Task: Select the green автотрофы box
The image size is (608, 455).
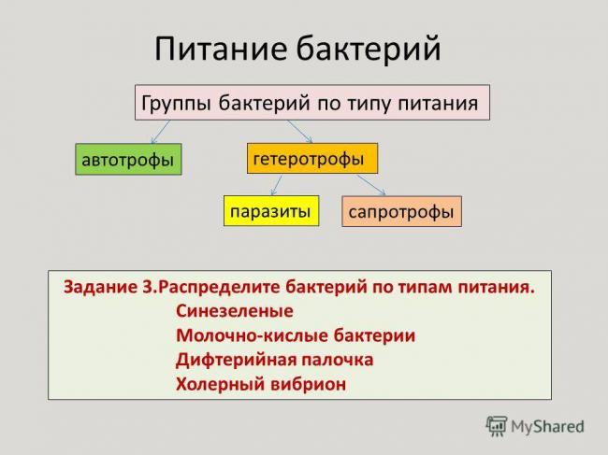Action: [x=128, y=160]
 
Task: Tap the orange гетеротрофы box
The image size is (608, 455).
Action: [x=311, y=158]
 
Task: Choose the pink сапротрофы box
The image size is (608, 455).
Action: [x=400, y=212]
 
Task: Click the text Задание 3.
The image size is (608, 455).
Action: [x=109, y=287]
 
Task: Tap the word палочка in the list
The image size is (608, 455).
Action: [x=338, y=359]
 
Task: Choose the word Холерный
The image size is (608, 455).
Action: [x=218, y=383]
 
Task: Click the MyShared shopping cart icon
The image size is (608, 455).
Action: [x=496, y=426]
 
